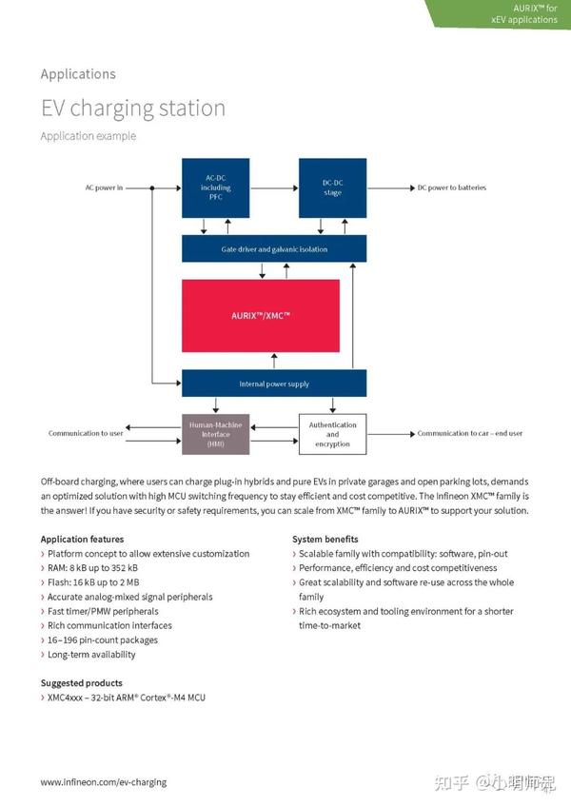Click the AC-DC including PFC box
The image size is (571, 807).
(215, 187)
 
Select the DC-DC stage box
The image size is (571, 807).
(332, 187)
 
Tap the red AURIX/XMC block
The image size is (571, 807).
(261, 315)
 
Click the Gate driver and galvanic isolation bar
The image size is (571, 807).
(274, 249)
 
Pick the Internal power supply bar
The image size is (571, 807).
(274, 384)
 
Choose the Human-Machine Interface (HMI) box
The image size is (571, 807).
(216, 434)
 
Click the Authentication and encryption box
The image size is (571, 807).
(332, 434)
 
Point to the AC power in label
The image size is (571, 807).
(104, 187)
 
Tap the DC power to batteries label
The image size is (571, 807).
(451, 187)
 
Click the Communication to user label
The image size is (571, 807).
(86, 434)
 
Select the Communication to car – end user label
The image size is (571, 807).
(469, 434)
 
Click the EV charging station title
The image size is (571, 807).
(132, 108)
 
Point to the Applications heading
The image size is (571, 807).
(78, 74)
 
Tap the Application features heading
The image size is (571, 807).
(82, 540)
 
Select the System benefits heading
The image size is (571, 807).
(325, 540)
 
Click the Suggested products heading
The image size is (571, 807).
(81, 683)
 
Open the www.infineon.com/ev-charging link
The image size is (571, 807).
(103, 782)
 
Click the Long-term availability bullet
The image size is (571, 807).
(91, 655)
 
